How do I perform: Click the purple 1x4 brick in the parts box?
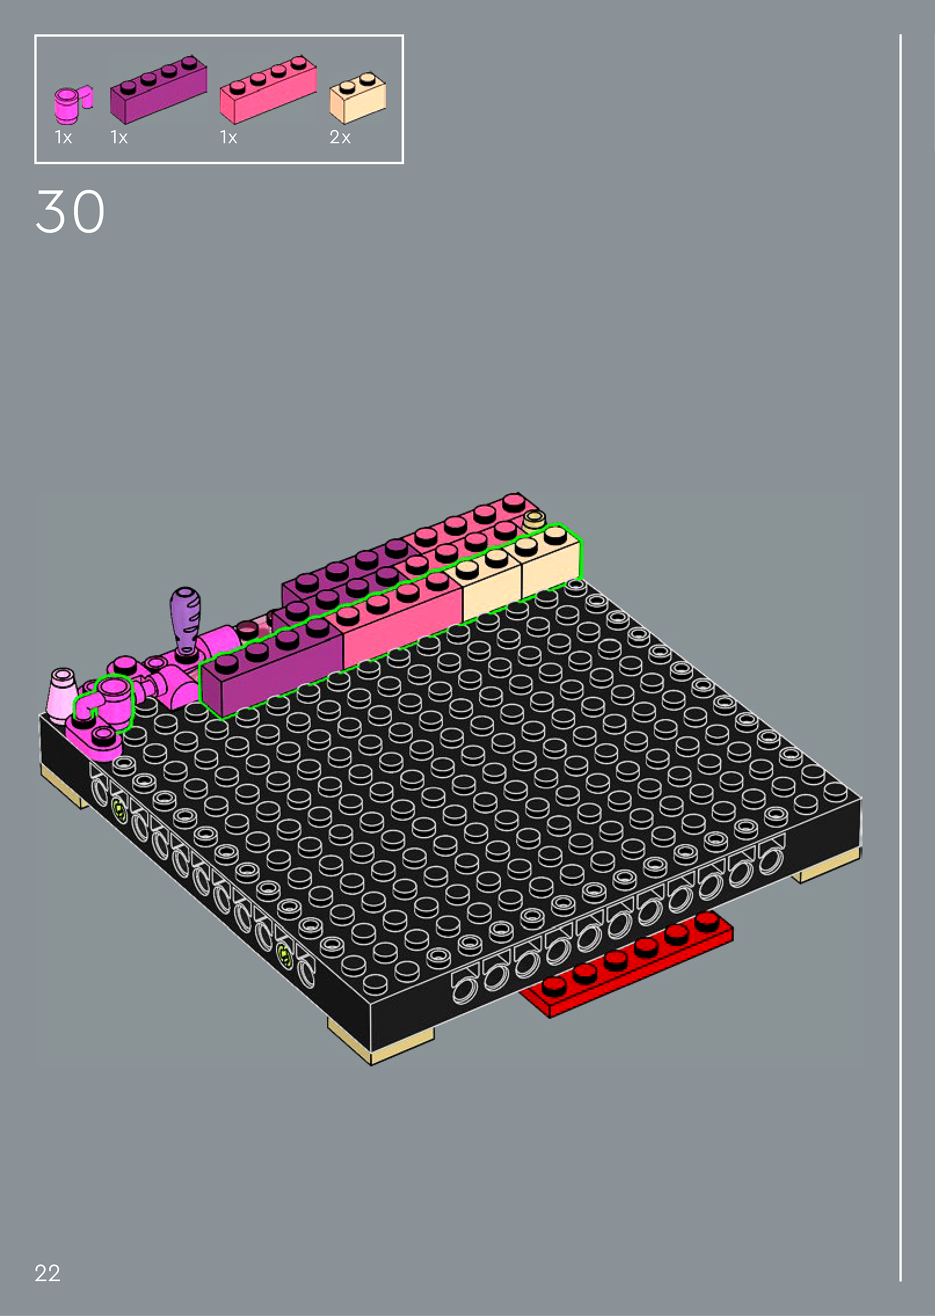coord(158,89)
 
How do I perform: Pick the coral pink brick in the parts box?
coord(268,89)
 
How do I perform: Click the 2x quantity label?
coord(340,137)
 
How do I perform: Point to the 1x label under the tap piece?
coord(63,137)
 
